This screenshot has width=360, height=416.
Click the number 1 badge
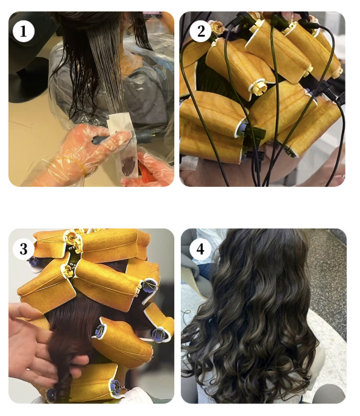(24, 31)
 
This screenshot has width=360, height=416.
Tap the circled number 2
(201, 31)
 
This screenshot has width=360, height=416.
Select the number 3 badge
(24, 249)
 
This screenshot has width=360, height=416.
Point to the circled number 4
(200, 249)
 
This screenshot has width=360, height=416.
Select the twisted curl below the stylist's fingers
(63, 382)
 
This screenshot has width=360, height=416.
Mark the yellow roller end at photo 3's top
(71, 237)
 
